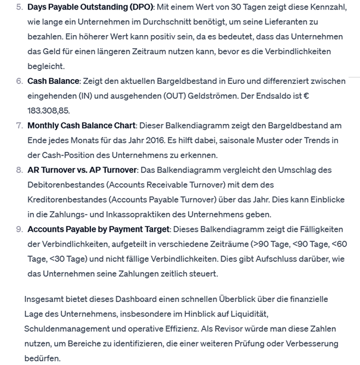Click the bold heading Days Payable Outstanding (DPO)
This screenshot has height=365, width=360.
(90, 7)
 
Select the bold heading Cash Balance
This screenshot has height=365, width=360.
(53, 81)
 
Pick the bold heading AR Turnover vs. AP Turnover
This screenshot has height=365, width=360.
(82, 170)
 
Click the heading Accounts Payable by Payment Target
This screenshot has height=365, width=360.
(99, 229)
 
